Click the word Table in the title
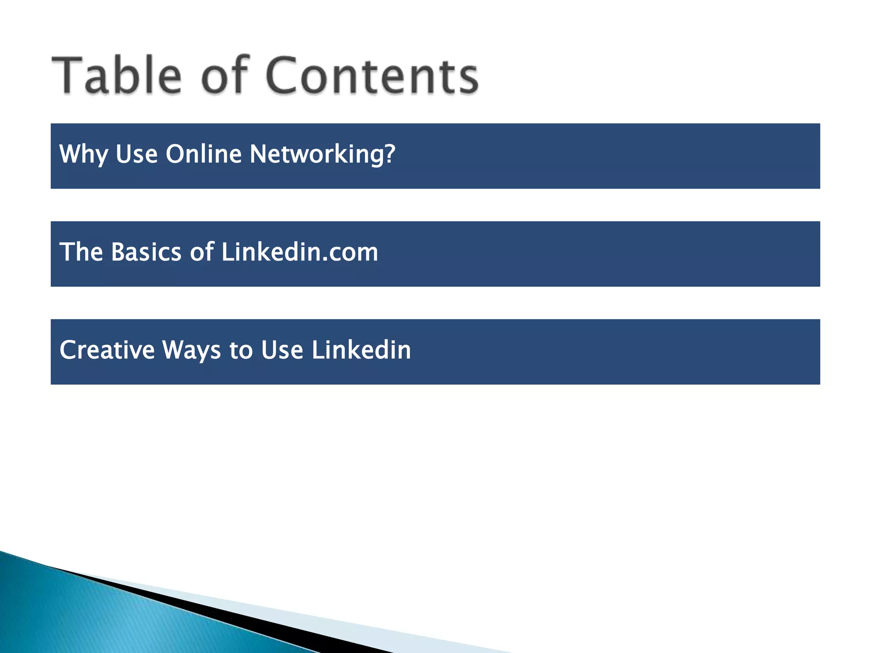tap(117, 75)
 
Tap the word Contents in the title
tap(372, 75)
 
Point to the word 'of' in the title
tap(224, 75)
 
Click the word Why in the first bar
tap(83, 154)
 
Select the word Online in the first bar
tap(203, 154)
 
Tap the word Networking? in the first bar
tap(322, 154)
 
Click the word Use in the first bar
tap(137, 154)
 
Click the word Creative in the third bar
tap(107, 350)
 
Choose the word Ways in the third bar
tap(191, 350)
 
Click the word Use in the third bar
tap(282, 350)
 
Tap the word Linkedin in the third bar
tap(361, 350)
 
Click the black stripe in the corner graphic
tap(255, 621)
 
